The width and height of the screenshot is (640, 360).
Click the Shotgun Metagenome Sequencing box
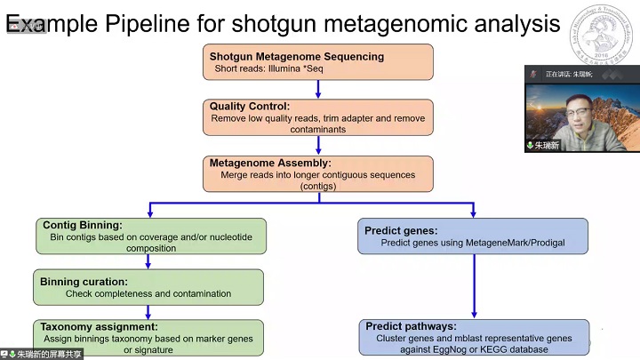(x=317, y=62)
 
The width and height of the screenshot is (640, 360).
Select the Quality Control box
(x=317, y=117)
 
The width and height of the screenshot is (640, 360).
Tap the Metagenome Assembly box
(x=317, y=174)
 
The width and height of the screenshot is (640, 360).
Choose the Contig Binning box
(x=149, y=236)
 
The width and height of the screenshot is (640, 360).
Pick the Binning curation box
(x=149, y=287)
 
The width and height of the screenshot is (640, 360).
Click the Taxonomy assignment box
(x=149, y=338)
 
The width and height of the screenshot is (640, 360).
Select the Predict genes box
(x=474, y=236)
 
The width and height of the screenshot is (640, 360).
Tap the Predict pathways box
(x=474, y=338)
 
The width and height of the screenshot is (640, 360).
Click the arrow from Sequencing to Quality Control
(x=318, y=90)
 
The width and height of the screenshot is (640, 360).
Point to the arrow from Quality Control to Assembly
(x=318, y=146)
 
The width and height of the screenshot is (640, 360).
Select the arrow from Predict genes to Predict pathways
(x=474, y=286)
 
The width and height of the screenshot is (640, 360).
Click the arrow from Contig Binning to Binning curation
(x=149, y=262)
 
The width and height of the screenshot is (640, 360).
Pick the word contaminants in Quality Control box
(x=317, y=129)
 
